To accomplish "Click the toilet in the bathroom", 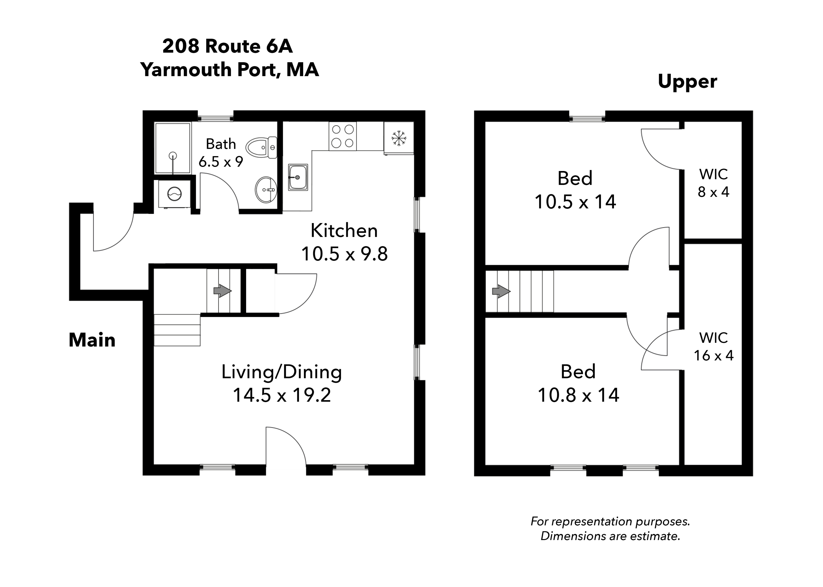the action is (261, 147).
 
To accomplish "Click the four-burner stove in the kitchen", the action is (342, 136).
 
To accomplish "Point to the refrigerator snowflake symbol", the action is (398, 138).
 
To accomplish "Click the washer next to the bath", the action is (174, 194).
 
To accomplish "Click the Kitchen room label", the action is (344, 231).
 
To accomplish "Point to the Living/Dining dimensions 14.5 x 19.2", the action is (281, 395).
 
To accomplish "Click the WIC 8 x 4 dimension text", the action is (713, 192).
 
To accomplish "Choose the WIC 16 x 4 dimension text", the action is (713, 356).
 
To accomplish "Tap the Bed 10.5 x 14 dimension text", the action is (575, 202).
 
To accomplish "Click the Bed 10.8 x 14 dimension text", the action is (578, 395).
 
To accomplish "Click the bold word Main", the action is (92, 340).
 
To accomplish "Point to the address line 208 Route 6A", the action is (227, 46).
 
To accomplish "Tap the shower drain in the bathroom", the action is (173, 156).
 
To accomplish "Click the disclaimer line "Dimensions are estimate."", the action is (610, 536).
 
